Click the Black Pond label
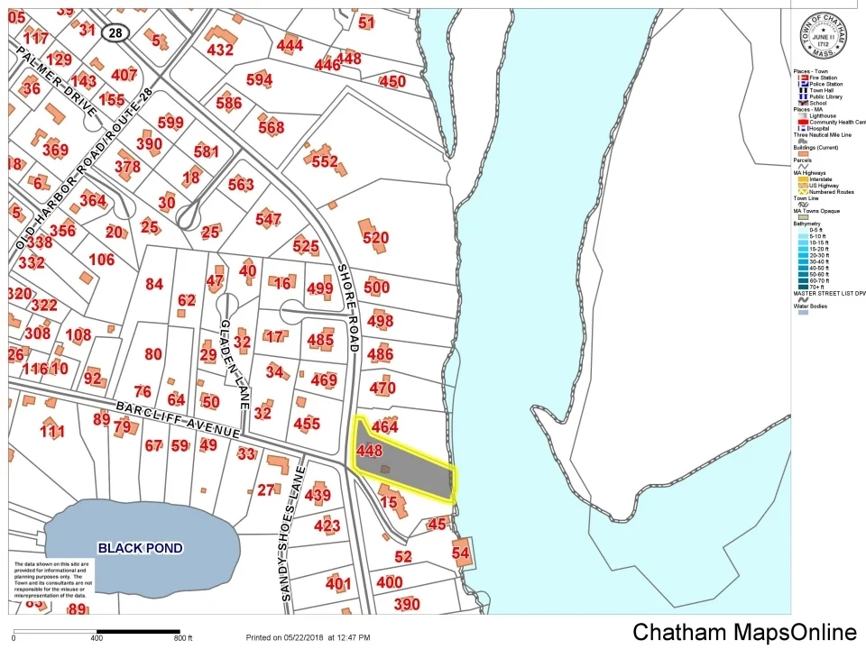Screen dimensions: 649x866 tap(140, 548)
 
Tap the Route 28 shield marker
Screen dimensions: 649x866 tap(115, 32)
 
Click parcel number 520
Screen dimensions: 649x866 tap(375, 238)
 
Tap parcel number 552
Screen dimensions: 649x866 tap(324, 162)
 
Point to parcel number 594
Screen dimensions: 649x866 tap(259, 80)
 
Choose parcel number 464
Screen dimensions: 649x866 tap(384, 427)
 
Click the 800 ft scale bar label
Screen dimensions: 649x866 tap(183, 639)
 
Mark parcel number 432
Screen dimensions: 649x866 tap(220, 50)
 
